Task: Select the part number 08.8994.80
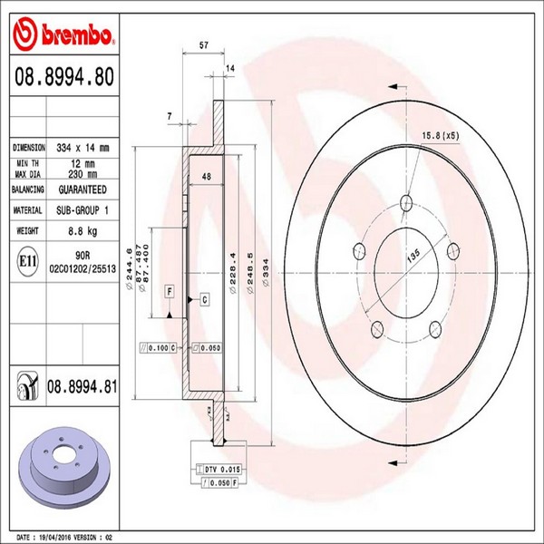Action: click(x=64, y=77)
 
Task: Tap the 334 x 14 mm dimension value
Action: click(x=83, y=148)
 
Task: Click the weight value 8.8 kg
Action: click(x=83, y=231)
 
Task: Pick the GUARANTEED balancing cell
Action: click(x=83, y=189)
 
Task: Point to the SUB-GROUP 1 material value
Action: click(x=83, y=210)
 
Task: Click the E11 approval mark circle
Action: click(x=27, y=262)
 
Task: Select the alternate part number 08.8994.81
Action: click(x=82, y=386)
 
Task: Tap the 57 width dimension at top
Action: click(x=204, y=45)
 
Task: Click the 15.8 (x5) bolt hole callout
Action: click(x=441, y=135)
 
